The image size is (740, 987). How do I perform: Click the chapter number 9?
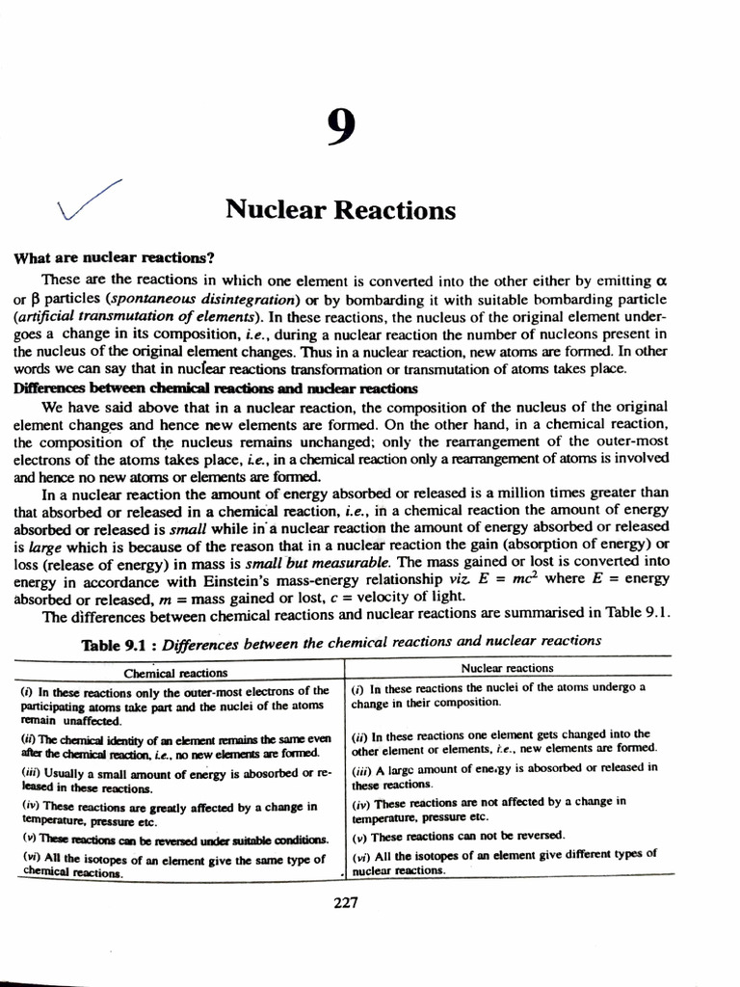(x=338, y=127)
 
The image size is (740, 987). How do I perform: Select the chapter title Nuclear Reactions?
(x=340, y=209)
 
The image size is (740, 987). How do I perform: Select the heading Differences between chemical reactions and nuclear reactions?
(x=216, y=387)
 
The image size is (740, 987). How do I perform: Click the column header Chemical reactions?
(x=176, y=673)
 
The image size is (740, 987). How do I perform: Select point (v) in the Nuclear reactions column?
(x=459, y=836)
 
